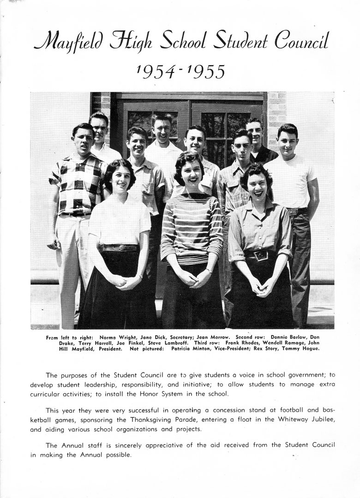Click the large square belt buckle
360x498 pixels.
coord(261,255)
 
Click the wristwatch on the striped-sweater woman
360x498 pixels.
coord(209,270)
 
